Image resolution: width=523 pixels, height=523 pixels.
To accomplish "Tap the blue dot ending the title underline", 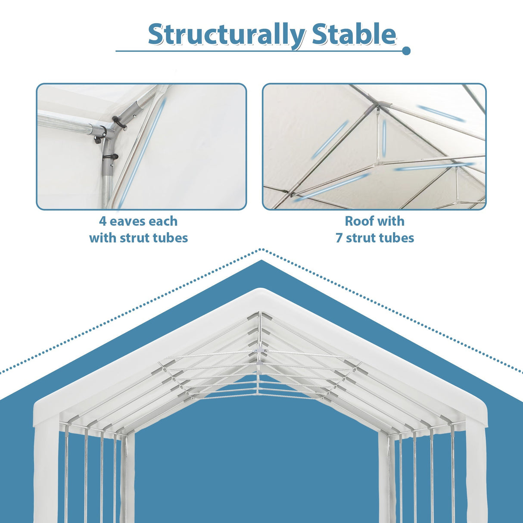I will pos(406,51).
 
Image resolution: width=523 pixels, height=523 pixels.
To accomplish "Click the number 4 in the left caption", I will pos(103,221).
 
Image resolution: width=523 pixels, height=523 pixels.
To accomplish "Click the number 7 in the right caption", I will pos(339,238).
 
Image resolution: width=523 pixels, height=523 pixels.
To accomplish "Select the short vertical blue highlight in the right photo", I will pos(383,138).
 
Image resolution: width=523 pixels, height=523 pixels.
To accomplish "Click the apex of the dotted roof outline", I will pos(261,249).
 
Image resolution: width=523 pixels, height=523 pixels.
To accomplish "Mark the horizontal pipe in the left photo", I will pos(65,123).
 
